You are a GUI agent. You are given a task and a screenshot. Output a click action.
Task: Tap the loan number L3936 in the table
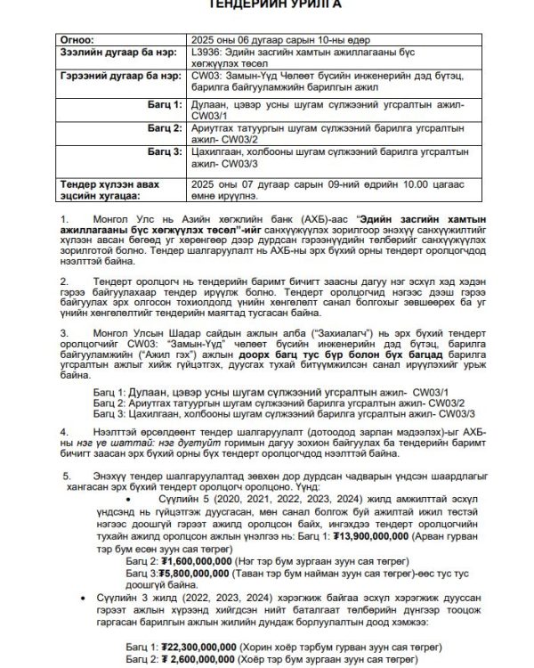tap(207, 53)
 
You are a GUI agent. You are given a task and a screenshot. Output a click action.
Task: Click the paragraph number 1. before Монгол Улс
tap(63, 218)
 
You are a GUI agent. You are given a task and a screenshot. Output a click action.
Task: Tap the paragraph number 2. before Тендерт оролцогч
tap(63, 280)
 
